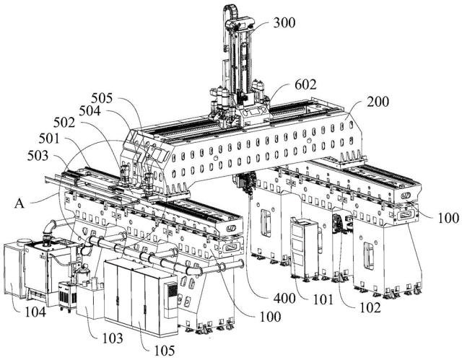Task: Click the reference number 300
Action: coord(284,22)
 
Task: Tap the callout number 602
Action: coord(305,85)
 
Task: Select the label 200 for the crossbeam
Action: coord(378,102)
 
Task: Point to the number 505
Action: coord(102,98)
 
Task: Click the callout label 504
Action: coord(90,111)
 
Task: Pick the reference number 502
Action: coord(64,123)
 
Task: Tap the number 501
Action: coord(49,139)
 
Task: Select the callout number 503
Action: coord(38,156)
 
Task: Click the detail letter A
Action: coord(19,203)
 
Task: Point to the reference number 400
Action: coord(284,299)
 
